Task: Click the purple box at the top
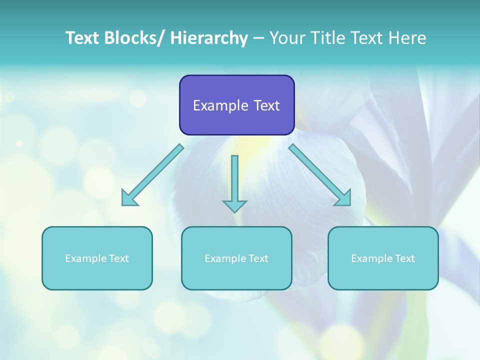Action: tap(236, 105)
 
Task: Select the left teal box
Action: tap(97, 258)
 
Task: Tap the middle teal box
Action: tap(236, 258)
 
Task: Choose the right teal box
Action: tap(383, 258)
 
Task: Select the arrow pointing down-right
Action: tap(320, 175)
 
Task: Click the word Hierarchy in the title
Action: tap(209, 38)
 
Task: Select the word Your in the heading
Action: tap(287, 38)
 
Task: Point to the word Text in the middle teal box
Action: tap(257, 258)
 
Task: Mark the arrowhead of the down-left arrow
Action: tap(128, 198)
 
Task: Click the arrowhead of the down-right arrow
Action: tap(344, 198)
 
